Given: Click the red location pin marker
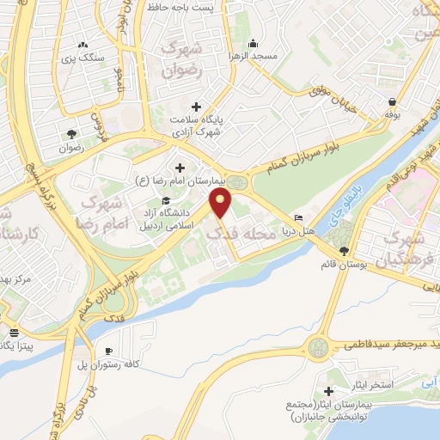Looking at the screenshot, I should click(x=222, y=203).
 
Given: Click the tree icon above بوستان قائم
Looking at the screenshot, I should click(x=345, y=250).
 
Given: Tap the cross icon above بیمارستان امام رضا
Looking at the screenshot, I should click(x=179, y=168).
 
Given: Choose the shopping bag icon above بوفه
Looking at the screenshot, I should click(x=392, y=101).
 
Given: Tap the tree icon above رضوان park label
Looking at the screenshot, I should click(x=71, y=134).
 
